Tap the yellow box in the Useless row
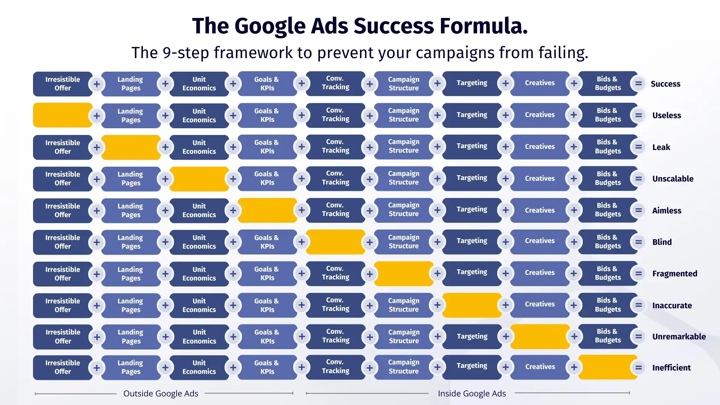(63, 115)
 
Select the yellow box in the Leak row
(131, 147)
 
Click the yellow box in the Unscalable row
(199, 179)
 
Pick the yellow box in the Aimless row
(267, 210)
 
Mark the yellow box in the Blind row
(336, 242)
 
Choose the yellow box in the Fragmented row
(404, 273)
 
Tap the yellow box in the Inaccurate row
(472, 305)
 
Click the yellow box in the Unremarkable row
(540, 336)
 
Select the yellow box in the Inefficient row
(608, 367)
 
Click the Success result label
(665, 84)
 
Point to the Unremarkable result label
(679, 336)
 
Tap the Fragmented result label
(675, 273)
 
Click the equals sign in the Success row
(638, 83)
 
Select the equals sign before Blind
(638, 242)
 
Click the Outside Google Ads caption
(161, 393)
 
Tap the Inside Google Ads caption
(472, 393)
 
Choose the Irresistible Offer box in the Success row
(63, 84)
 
